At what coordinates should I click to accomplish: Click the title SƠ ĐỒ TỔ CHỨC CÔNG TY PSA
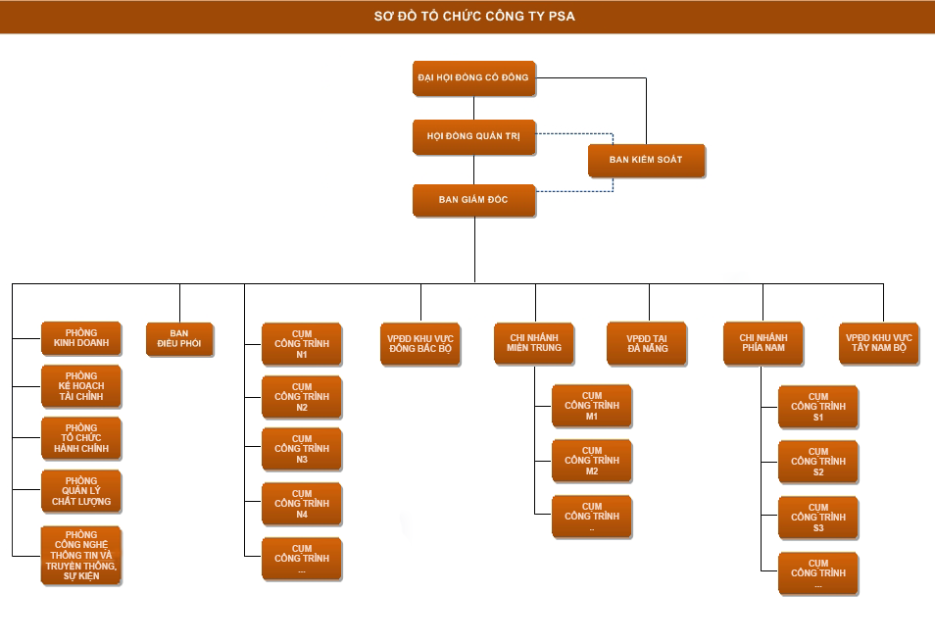(467, 17)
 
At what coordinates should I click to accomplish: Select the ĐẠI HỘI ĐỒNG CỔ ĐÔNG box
(474, 77)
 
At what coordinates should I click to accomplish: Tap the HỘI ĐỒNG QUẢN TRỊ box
(474, 137)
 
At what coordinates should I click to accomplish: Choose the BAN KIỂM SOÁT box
(646, 160)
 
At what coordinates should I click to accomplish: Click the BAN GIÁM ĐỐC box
(474, 200)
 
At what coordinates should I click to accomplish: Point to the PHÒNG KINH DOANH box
(81, 338)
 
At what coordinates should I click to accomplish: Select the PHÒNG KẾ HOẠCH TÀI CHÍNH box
(81, 386)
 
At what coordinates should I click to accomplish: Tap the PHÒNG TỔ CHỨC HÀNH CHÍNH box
(81, 438)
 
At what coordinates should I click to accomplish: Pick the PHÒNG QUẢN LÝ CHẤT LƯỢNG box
(81, 491)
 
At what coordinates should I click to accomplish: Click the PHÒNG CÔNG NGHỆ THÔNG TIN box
(81, 555)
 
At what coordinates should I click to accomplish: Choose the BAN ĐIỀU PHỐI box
(179, 338)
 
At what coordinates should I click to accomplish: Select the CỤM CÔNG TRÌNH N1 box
(302, 344)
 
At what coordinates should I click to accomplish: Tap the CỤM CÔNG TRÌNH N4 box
(302, 504)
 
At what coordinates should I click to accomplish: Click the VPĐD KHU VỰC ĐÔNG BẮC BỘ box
(420, 343)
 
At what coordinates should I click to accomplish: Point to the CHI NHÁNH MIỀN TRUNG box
(534, 343)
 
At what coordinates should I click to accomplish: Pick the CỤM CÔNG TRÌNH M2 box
(592, 461)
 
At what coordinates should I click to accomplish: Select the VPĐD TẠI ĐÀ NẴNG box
(647, 343)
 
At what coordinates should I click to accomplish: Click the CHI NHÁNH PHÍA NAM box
(763, 343)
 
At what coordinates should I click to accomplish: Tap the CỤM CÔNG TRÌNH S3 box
(818, 518)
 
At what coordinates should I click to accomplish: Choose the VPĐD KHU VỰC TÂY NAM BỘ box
(879, 343)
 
